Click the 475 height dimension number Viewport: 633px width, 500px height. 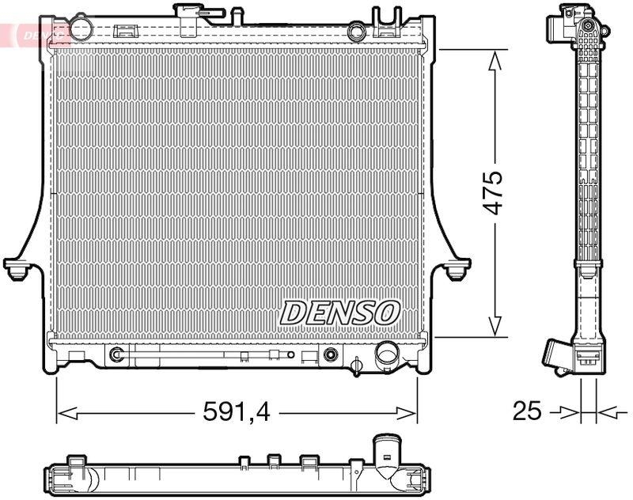(494, 192)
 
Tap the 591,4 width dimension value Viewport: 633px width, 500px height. (236, 412)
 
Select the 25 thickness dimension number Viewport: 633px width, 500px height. (527, 411)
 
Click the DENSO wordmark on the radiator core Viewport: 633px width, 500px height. (339, 312)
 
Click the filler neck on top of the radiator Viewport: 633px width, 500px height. (189, 17)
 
